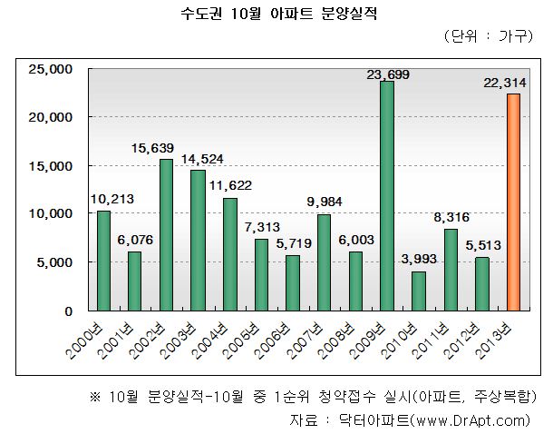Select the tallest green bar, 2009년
tap(387, 196)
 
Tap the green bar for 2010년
tap(418, 291)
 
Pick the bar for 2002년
tap(166, 235)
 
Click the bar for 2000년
tap(103, 261)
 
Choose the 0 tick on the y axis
tap(67, 311)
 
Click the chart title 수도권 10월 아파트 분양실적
tap(276, 14)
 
